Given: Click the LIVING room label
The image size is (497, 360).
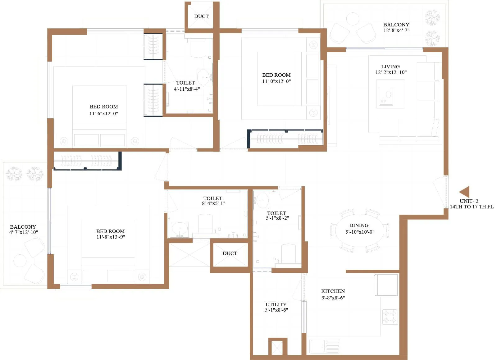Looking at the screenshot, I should (390, 67).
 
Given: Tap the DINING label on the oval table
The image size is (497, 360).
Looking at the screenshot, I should (359, 226).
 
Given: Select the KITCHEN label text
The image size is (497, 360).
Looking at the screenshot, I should (333, 291).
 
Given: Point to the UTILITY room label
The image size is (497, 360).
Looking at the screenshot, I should (276, 305).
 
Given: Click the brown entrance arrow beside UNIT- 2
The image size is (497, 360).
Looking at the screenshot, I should (465, 192).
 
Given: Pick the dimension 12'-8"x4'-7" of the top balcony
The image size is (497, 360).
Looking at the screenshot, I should (396, 30).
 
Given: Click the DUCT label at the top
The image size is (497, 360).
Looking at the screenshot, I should (201, 16).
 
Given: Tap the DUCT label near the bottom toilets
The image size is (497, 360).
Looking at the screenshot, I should (230, 253).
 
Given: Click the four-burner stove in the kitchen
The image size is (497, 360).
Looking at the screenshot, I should (390, 317).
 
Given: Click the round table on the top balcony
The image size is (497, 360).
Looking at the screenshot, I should (353, 19).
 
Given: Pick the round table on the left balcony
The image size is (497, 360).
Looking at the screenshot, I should (20, 261).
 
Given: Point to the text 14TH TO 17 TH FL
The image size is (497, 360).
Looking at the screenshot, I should (472, 207).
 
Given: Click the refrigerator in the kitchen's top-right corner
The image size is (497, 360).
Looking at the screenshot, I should (386, 285).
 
